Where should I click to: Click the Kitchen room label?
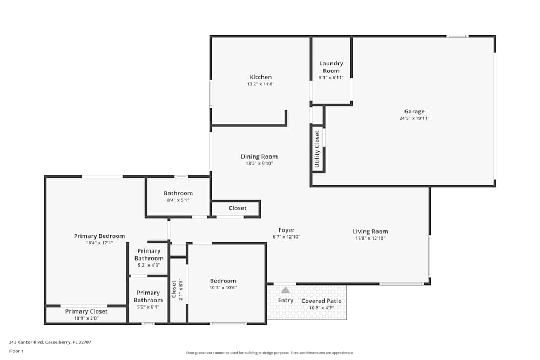(x=260, y=77)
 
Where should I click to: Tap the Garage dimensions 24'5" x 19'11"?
(x=414, y=118)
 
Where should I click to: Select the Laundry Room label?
(x=331, y=67)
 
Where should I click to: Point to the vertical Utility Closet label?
(x=318, y=150)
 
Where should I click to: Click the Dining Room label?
(x=259, y=157)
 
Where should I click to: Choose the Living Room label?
(x=370, y=232)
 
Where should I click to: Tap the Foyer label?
(x=286, y=230)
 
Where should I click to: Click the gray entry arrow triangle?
(x=286, y=290)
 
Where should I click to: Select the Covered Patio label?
(x=321, y=301)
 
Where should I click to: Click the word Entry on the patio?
(x=286, y=301)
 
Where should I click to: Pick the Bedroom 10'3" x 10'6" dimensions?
(x=223, y=288)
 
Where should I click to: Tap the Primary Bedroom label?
(x=99, y=236)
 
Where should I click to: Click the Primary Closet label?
(x=86, y=311)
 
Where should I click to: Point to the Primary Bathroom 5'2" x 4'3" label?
(x=149, y=255)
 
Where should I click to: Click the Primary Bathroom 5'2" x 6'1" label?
(x=148, y=296)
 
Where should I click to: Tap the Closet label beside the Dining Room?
(x=238, y=208)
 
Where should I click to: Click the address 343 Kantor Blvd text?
(x=50, y=342)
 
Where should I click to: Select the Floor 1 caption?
(x=16, y=351)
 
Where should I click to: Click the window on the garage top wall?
(x=457, y=36)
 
